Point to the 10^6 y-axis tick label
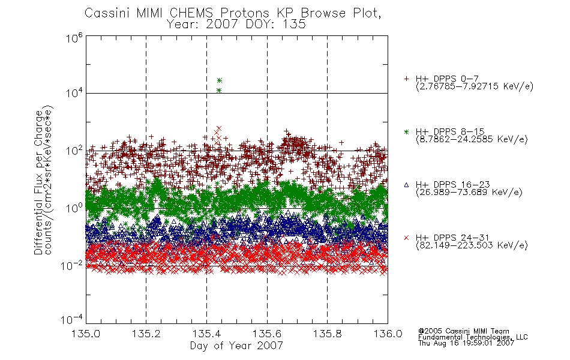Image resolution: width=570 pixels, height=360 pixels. (74, 38)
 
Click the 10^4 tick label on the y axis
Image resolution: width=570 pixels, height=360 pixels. (74, 94)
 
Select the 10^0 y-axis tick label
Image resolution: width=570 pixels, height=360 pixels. (74, 208)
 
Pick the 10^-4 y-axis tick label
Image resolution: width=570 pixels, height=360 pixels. (72, 320)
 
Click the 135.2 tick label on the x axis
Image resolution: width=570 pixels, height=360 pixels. (146, 334)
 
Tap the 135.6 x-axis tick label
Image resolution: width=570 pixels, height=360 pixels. (267, 334)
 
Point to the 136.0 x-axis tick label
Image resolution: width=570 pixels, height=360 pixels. (388, 334)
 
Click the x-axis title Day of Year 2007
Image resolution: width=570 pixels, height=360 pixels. (236, 346)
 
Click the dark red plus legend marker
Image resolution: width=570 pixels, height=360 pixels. (406, 79)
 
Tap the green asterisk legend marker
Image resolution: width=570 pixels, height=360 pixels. (406, 131)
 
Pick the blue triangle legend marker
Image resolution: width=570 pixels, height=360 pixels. (406, 185)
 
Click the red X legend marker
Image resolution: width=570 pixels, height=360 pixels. (406, 238)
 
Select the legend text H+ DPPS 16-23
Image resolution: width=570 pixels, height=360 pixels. (452, 185)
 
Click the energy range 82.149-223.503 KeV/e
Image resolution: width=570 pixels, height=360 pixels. (472, 245)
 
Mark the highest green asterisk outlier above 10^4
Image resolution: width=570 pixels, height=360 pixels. (219, 80)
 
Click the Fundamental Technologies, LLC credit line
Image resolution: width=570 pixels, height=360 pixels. (473, 337)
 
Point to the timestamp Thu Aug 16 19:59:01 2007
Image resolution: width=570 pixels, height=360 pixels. (466, 343)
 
